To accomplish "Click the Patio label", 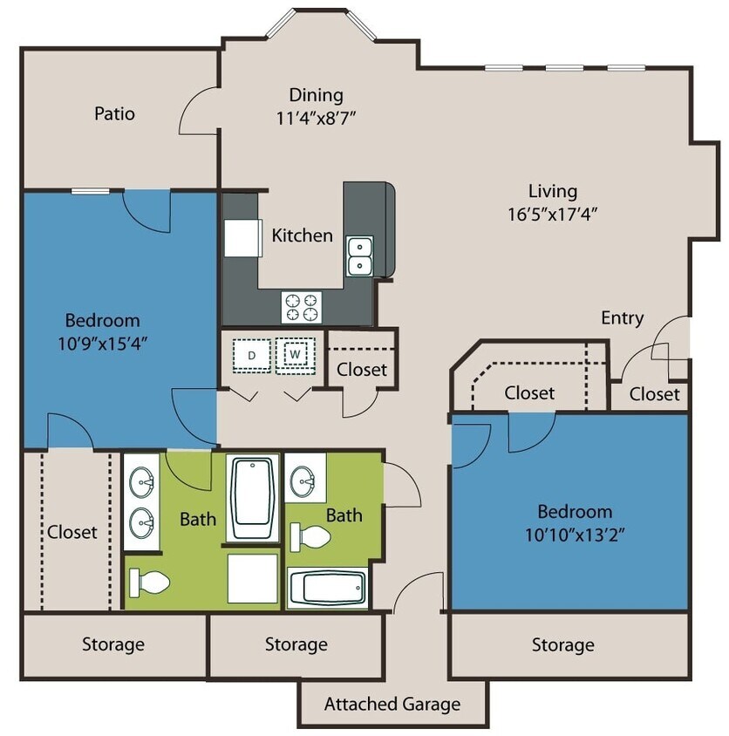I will point(115,113).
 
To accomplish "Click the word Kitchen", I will point(302,235).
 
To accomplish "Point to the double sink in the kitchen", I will point(359,256).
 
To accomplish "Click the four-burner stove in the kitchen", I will point(302,306).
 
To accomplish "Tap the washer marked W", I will point(296,355).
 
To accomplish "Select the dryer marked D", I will point(251,355).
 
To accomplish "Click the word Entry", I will point(622,317).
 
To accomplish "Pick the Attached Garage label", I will point(392,704).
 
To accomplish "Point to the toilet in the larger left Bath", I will point(151,582).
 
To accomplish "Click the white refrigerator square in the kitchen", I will point(242,237).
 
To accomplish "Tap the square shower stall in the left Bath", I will point(253,578).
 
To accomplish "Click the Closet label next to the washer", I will point(362,370).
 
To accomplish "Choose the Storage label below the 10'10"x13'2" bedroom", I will point(562,645).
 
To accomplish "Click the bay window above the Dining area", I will point(321,24).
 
